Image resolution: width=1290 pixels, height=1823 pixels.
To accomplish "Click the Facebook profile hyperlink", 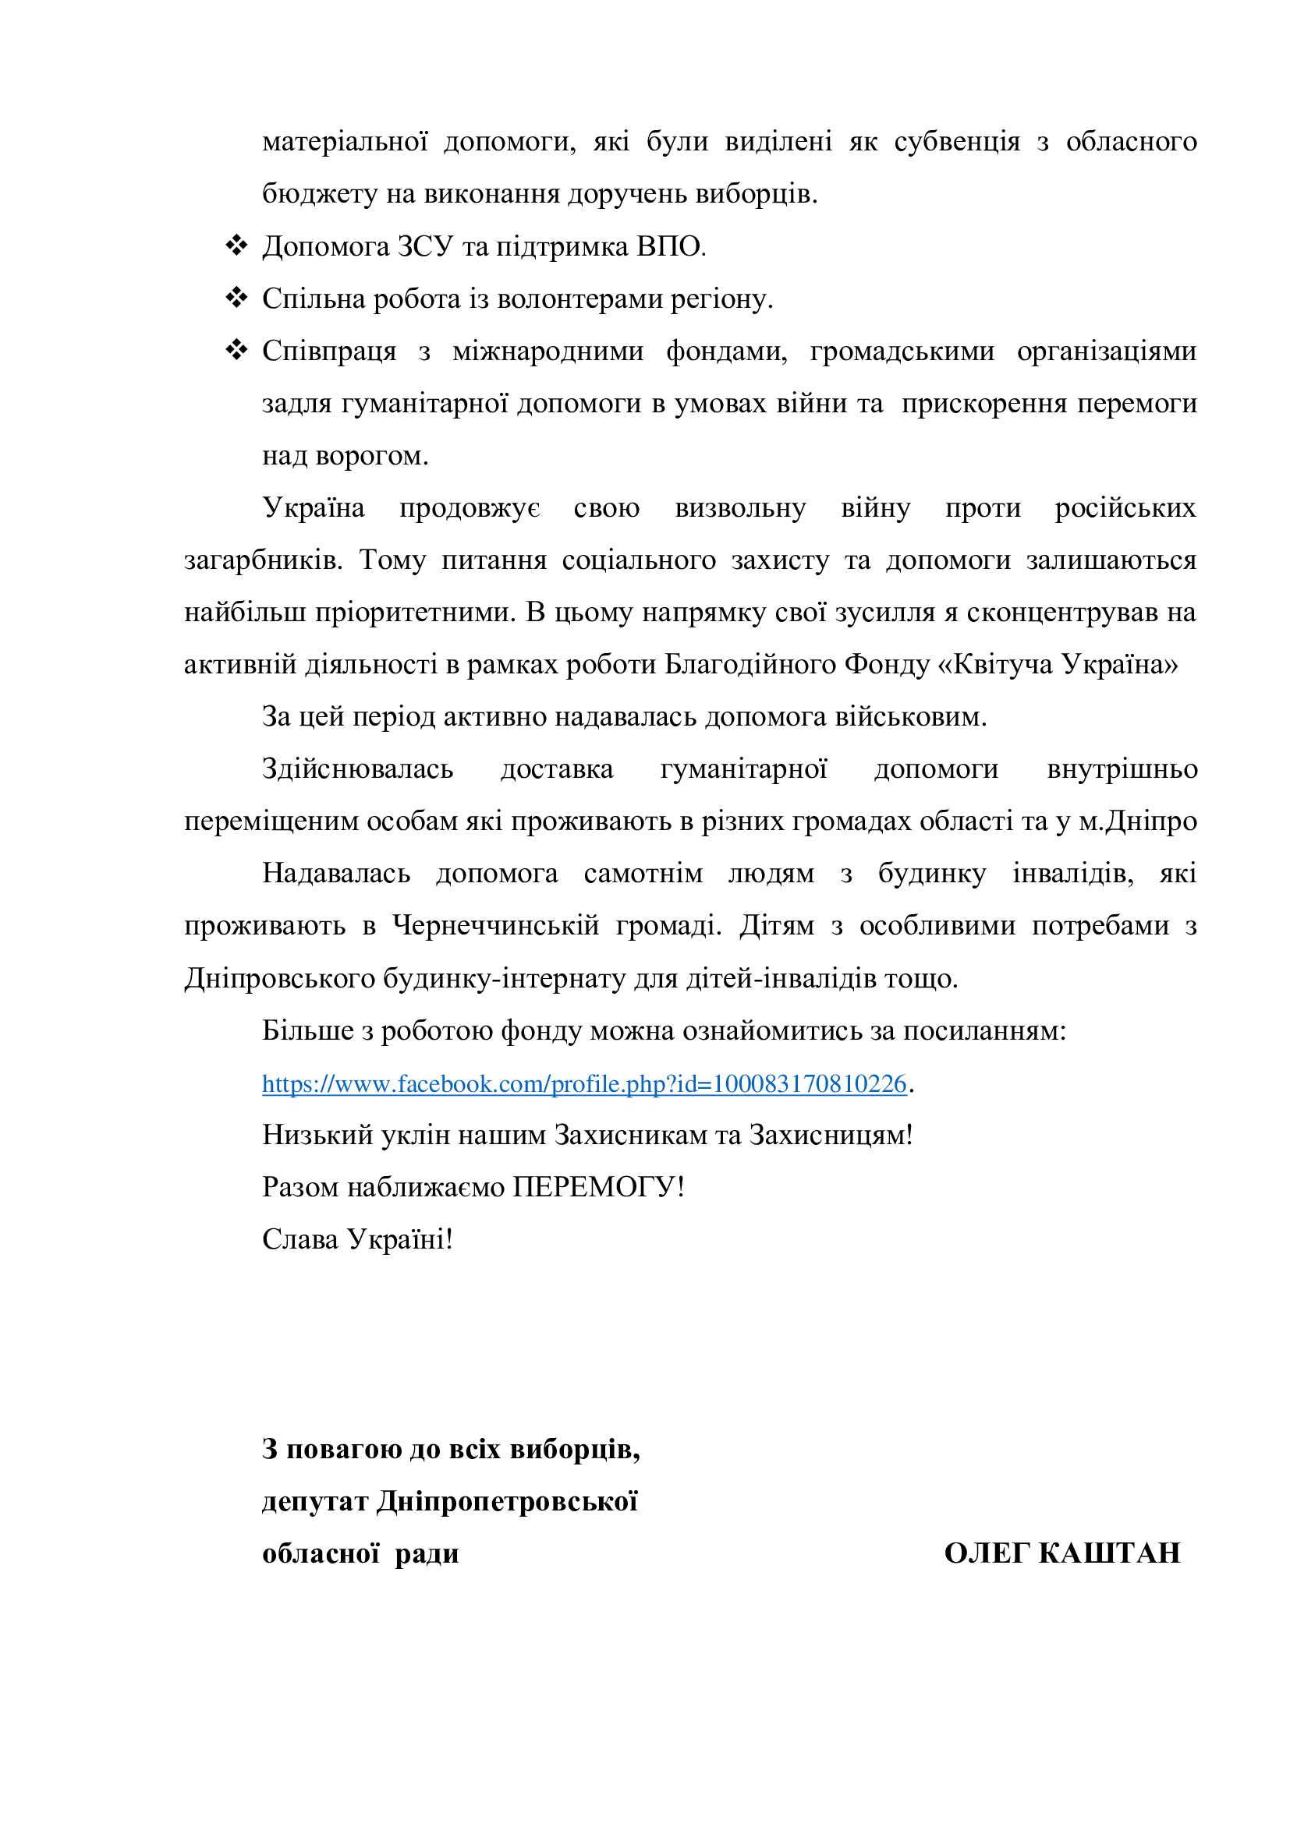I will (x=584, y=1084).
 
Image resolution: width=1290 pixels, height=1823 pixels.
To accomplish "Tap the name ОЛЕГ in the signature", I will (x=987, y=1553).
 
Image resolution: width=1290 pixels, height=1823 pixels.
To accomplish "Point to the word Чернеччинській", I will (x=496, y=926).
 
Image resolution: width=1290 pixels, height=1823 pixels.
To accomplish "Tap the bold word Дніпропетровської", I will (x=507, y=1501).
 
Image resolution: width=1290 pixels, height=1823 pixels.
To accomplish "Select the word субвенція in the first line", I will (x=956, y=142).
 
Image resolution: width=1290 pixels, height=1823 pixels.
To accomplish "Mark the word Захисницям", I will (x=831, y=1136).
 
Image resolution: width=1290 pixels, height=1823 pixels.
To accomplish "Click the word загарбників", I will (x=263, y=560).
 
